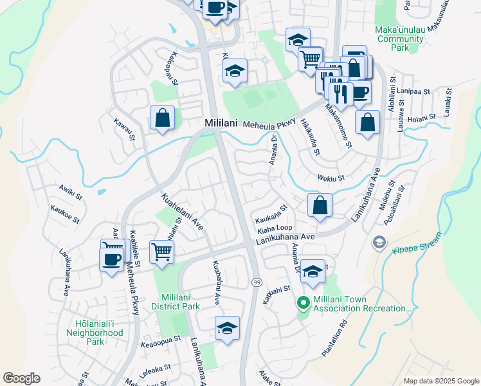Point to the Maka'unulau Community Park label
click(x=401, y=39)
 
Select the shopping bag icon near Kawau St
click(x=162, y=118)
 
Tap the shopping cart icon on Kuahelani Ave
click(x=161, y=251)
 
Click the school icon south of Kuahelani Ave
click(x=227, y=328)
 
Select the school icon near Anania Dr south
click(x=313, y=273)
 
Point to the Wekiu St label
click(x=331, y=178)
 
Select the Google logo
click(x=21, y=378)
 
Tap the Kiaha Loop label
click(x=275, y=228)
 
